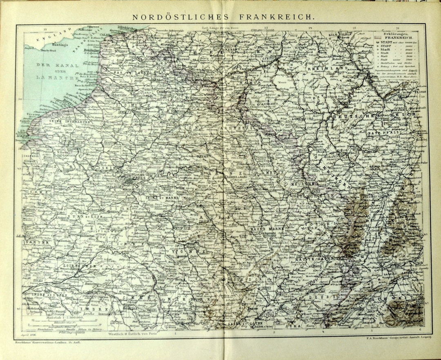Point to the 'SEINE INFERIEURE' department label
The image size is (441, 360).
(x=67, y=121)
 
